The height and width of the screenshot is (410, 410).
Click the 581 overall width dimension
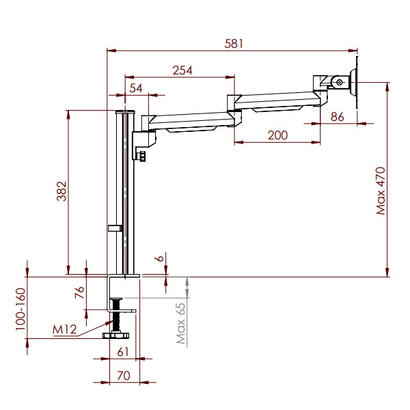click(x=234, y=43)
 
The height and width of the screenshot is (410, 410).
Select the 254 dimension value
click(x=182, y=70)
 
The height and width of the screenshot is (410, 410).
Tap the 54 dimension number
click(x=136, y=88)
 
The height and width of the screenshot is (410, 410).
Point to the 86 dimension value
click(x=338, y=116)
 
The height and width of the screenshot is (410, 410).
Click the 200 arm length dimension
click(x=277, y=135)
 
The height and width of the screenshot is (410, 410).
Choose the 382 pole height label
click(x=61, y=192)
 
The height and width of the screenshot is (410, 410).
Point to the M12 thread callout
click(x=64, y=330)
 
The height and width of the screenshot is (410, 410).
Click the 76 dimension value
click(x=80, y=293)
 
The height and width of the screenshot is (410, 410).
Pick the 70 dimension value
click(x=124, y=375)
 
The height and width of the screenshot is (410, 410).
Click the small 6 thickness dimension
click(x=160, y=258)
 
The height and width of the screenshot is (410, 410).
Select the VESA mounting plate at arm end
click(x=355, y=85)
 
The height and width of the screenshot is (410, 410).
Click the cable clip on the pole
click(x=115, y=228)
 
